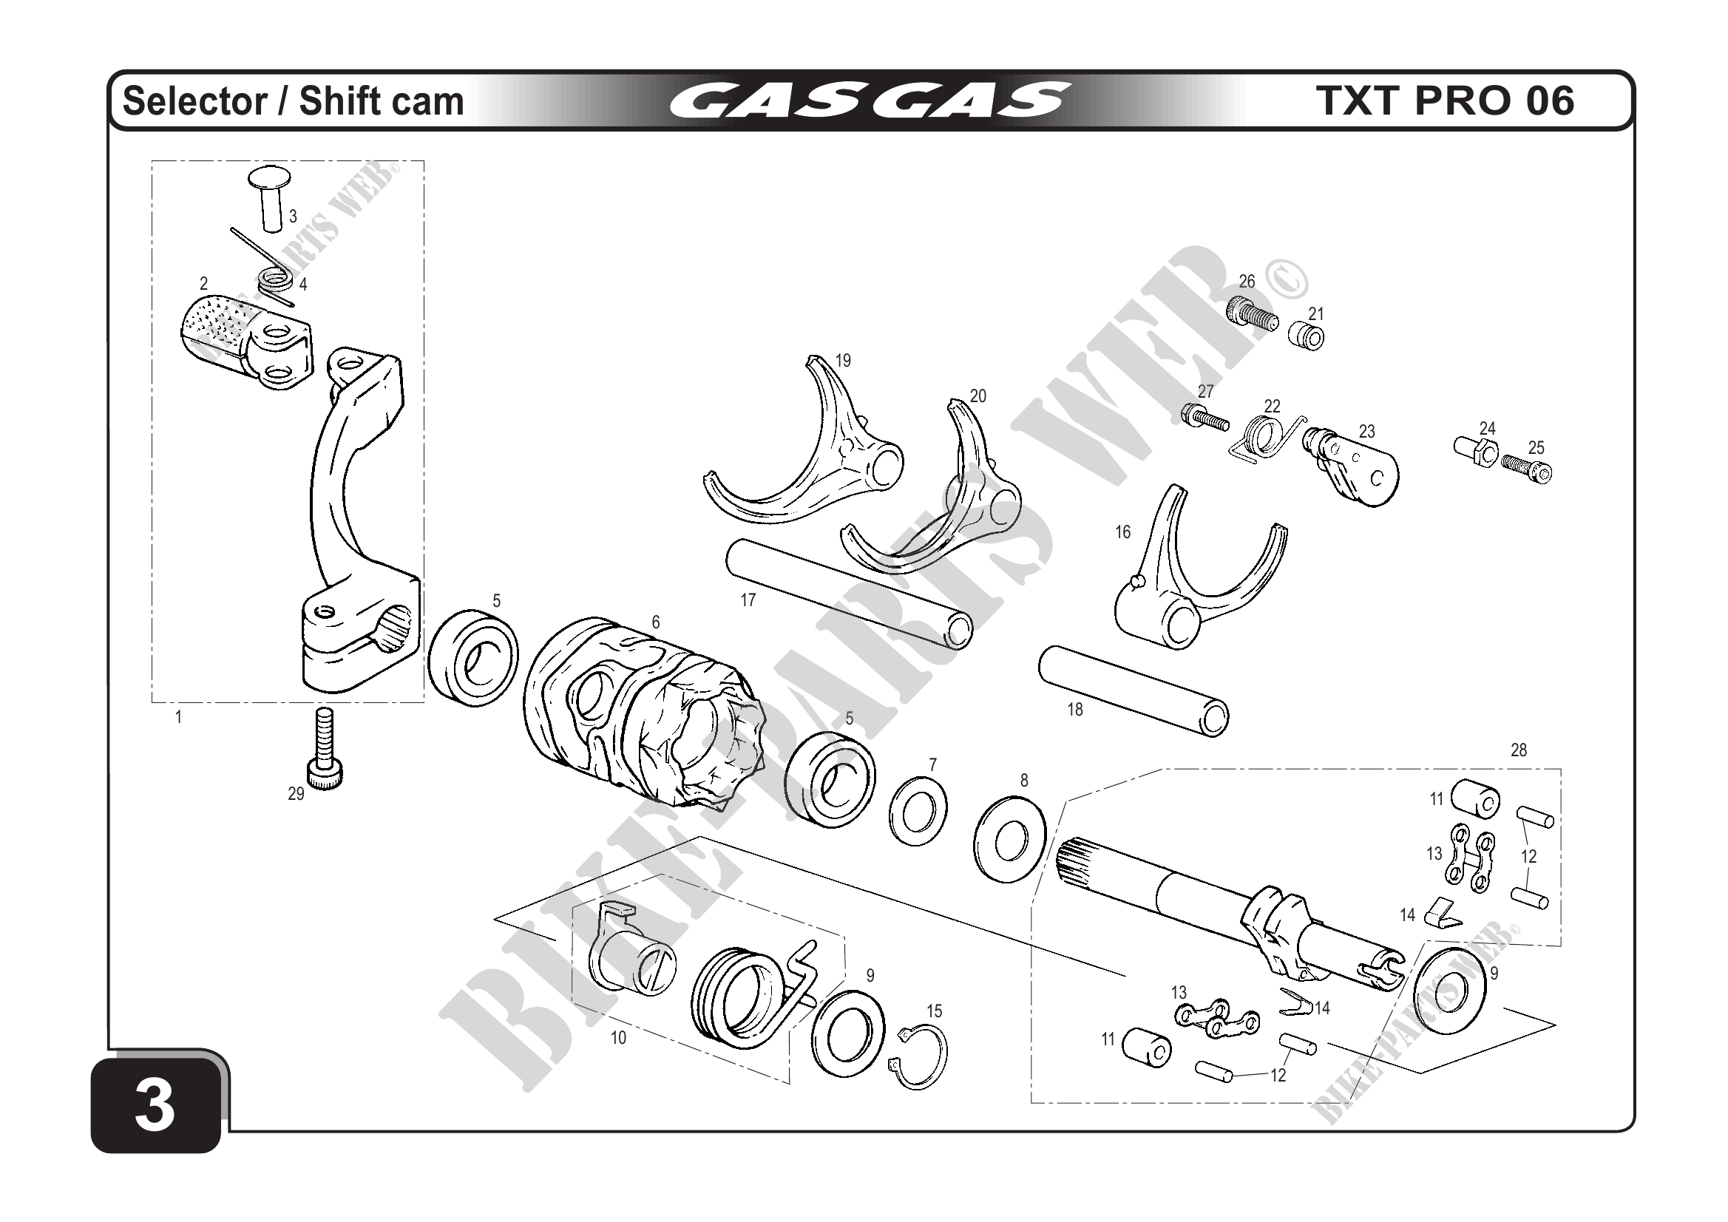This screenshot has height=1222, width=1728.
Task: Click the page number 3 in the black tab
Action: pos(155,1107)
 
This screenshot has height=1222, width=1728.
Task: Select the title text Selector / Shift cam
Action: pos(294,101)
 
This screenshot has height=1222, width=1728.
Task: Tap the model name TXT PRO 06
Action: pos(1445,101)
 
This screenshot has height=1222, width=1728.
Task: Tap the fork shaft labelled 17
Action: pos(847,594)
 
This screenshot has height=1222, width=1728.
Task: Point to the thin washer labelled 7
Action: pos(918,812)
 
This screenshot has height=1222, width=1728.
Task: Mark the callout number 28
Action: pos(1518,750)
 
